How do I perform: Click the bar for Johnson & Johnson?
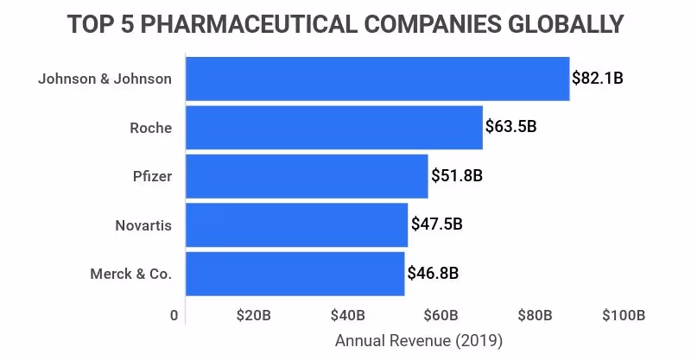pos(377,79)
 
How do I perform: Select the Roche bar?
pos(333,128)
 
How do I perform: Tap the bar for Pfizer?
pos(307,176)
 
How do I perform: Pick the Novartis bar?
pos(296,225)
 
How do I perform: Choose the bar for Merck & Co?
pos(295,274)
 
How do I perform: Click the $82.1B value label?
pos(597,79)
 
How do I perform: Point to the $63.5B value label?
pos(510,128)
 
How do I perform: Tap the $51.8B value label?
pos(456,176)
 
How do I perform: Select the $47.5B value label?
pos(436,224)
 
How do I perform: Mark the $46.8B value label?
pos(433,274)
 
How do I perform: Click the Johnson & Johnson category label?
pos(105,79)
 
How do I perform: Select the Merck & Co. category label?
pos(130,274)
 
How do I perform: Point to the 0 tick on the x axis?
pos(174,315)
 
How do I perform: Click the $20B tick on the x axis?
pos(253,315)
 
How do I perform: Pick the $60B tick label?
pos(441,315)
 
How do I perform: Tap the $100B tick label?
pos(624,315)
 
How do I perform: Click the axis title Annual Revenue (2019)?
pos(418,340)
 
